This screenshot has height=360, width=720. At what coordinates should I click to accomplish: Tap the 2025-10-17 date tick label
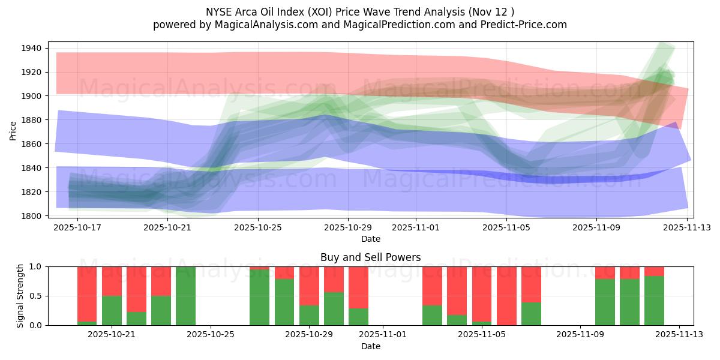pyautogui.click(x=79, y=228)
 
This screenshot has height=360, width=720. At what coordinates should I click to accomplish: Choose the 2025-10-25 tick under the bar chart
pyautogui.click(x=211, y=334)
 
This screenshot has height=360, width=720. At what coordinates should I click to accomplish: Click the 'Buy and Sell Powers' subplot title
pyautogui.click(x=370, y=257)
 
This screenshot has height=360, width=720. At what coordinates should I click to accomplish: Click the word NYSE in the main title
pyautogui.click(x=220, y=11)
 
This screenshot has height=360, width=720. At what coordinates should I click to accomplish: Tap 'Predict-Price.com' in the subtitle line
pyautogui.click(x=523, y=25)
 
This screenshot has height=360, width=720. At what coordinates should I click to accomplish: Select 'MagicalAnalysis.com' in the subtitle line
pyautogui.click(x=259, y=25)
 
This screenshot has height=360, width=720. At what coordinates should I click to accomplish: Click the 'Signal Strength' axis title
pyautogui.click(x=20, y=296)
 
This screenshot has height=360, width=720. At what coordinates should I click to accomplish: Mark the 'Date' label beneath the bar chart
pyautogui.click(x=370, y=346)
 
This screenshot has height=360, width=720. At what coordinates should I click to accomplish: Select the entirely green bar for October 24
pyautogui.click(x=185, y=296)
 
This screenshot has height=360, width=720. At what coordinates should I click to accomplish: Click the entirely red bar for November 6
pyautogui.click(x=506, y=296)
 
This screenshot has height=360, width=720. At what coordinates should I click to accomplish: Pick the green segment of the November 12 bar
pyautogui.click(x=654, y=301)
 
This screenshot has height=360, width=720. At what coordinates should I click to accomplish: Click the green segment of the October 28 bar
pyautogui.click(x=284, y=302)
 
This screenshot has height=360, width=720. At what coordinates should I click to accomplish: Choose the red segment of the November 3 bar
pyautogui.click(x=432, y=286)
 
